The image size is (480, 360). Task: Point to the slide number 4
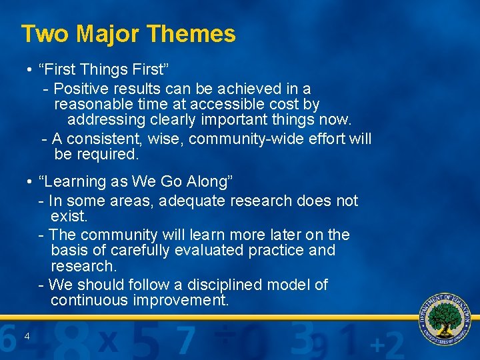27,336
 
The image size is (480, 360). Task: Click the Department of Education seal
445,317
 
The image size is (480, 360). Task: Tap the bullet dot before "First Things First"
31,71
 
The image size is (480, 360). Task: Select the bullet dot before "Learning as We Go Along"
31,182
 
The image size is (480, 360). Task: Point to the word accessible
224,105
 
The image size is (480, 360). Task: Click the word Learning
72,181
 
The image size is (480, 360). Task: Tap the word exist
68,217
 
